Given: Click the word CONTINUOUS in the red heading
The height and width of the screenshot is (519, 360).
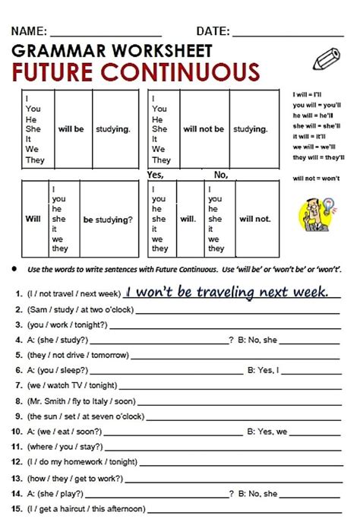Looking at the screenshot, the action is pyautogui.click(x=181, y=73).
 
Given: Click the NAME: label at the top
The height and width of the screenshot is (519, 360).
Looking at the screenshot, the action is pyautogui.click(x=30, y=31).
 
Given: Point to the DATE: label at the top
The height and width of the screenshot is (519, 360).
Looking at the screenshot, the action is pyautogui.click(x=213, y=31).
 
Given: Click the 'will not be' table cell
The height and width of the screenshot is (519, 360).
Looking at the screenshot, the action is pyautogui.click(x=204, y=129).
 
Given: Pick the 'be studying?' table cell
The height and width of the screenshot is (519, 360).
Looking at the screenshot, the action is pyautogui.click(x=108, y=219).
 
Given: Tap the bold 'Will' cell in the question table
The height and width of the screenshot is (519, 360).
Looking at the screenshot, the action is pyautogui.click(x=33, y=219).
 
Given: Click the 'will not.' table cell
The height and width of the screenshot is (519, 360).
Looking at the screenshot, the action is pyautogui.click(x=254, y=219).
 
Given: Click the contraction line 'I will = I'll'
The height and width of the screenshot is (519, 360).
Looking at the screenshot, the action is pyautogui.click(x=308, y=94).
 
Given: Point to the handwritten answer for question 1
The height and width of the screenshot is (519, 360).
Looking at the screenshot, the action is pyautogui.click(x=226, y=292).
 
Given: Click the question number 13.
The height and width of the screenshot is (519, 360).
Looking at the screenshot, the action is pyautogui.click(x=16, y=477).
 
